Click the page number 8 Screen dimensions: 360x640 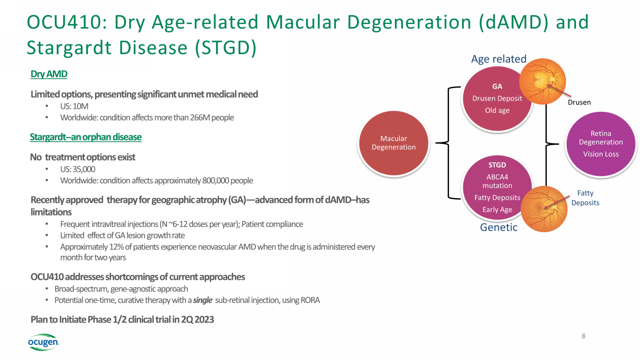click(x=583, y=336)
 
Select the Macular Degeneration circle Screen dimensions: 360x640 click(x=394, y=143)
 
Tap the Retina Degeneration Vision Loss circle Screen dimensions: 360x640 click(x=601, y=143)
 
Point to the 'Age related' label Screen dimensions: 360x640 click(x=499, y=59)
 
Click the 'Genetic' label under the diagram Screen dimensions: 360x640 click(x=499, y=228)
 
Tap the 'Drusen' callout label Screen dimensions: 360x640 click(x=579, y=102)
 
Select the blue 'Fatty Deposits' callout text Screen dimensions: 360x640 click(x=585, y=198)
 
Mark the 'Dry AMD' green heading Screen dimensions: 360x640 click(x=49, y=74)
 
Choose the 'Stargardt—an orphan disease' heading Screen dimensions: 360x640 click(x=86, y=137)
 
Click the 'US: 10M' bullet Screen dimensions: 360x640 click(x=74, y=106)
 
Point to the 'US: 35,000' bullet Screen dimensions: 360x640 click(x=78, y=169)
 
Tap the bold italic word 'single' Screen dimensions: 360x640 click(x=203, y=300)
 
